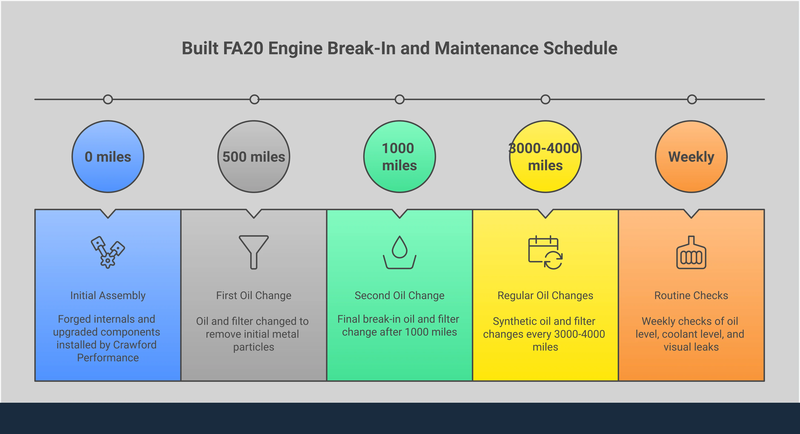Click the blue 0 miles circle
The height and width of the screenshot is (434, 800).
(x=108, y=157)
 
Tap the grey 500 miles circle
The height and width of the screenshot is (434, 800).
(x=254, y=157)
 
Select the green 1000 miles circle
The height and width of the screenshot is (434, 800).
(x=399, y=157)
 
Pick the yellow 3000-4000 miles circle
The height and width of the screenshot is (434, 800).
(x=545, y=157)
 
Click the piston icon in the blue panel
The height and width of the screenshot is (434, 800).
(x=108, y=252)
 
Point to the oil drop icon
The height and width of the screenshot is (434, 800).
(x=399, y=252)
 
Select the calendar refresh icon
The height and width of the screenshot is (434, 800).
(x=545, y=252)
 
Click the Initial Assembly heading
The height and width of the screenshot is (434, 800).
(x=108, y=295)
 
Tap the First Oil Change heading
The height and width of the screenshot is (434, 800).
(x=254, y=295)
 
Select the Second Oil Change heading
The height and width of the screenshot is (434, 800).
(x=399, y=295)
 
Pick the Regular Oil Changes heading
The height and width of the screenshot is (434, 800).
(x=545, y=295)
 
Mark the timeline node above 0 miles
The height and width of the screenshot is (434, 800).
(x=108, y=99)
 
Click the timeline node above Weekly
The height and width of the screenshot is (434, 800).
(x=692, y=99)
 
